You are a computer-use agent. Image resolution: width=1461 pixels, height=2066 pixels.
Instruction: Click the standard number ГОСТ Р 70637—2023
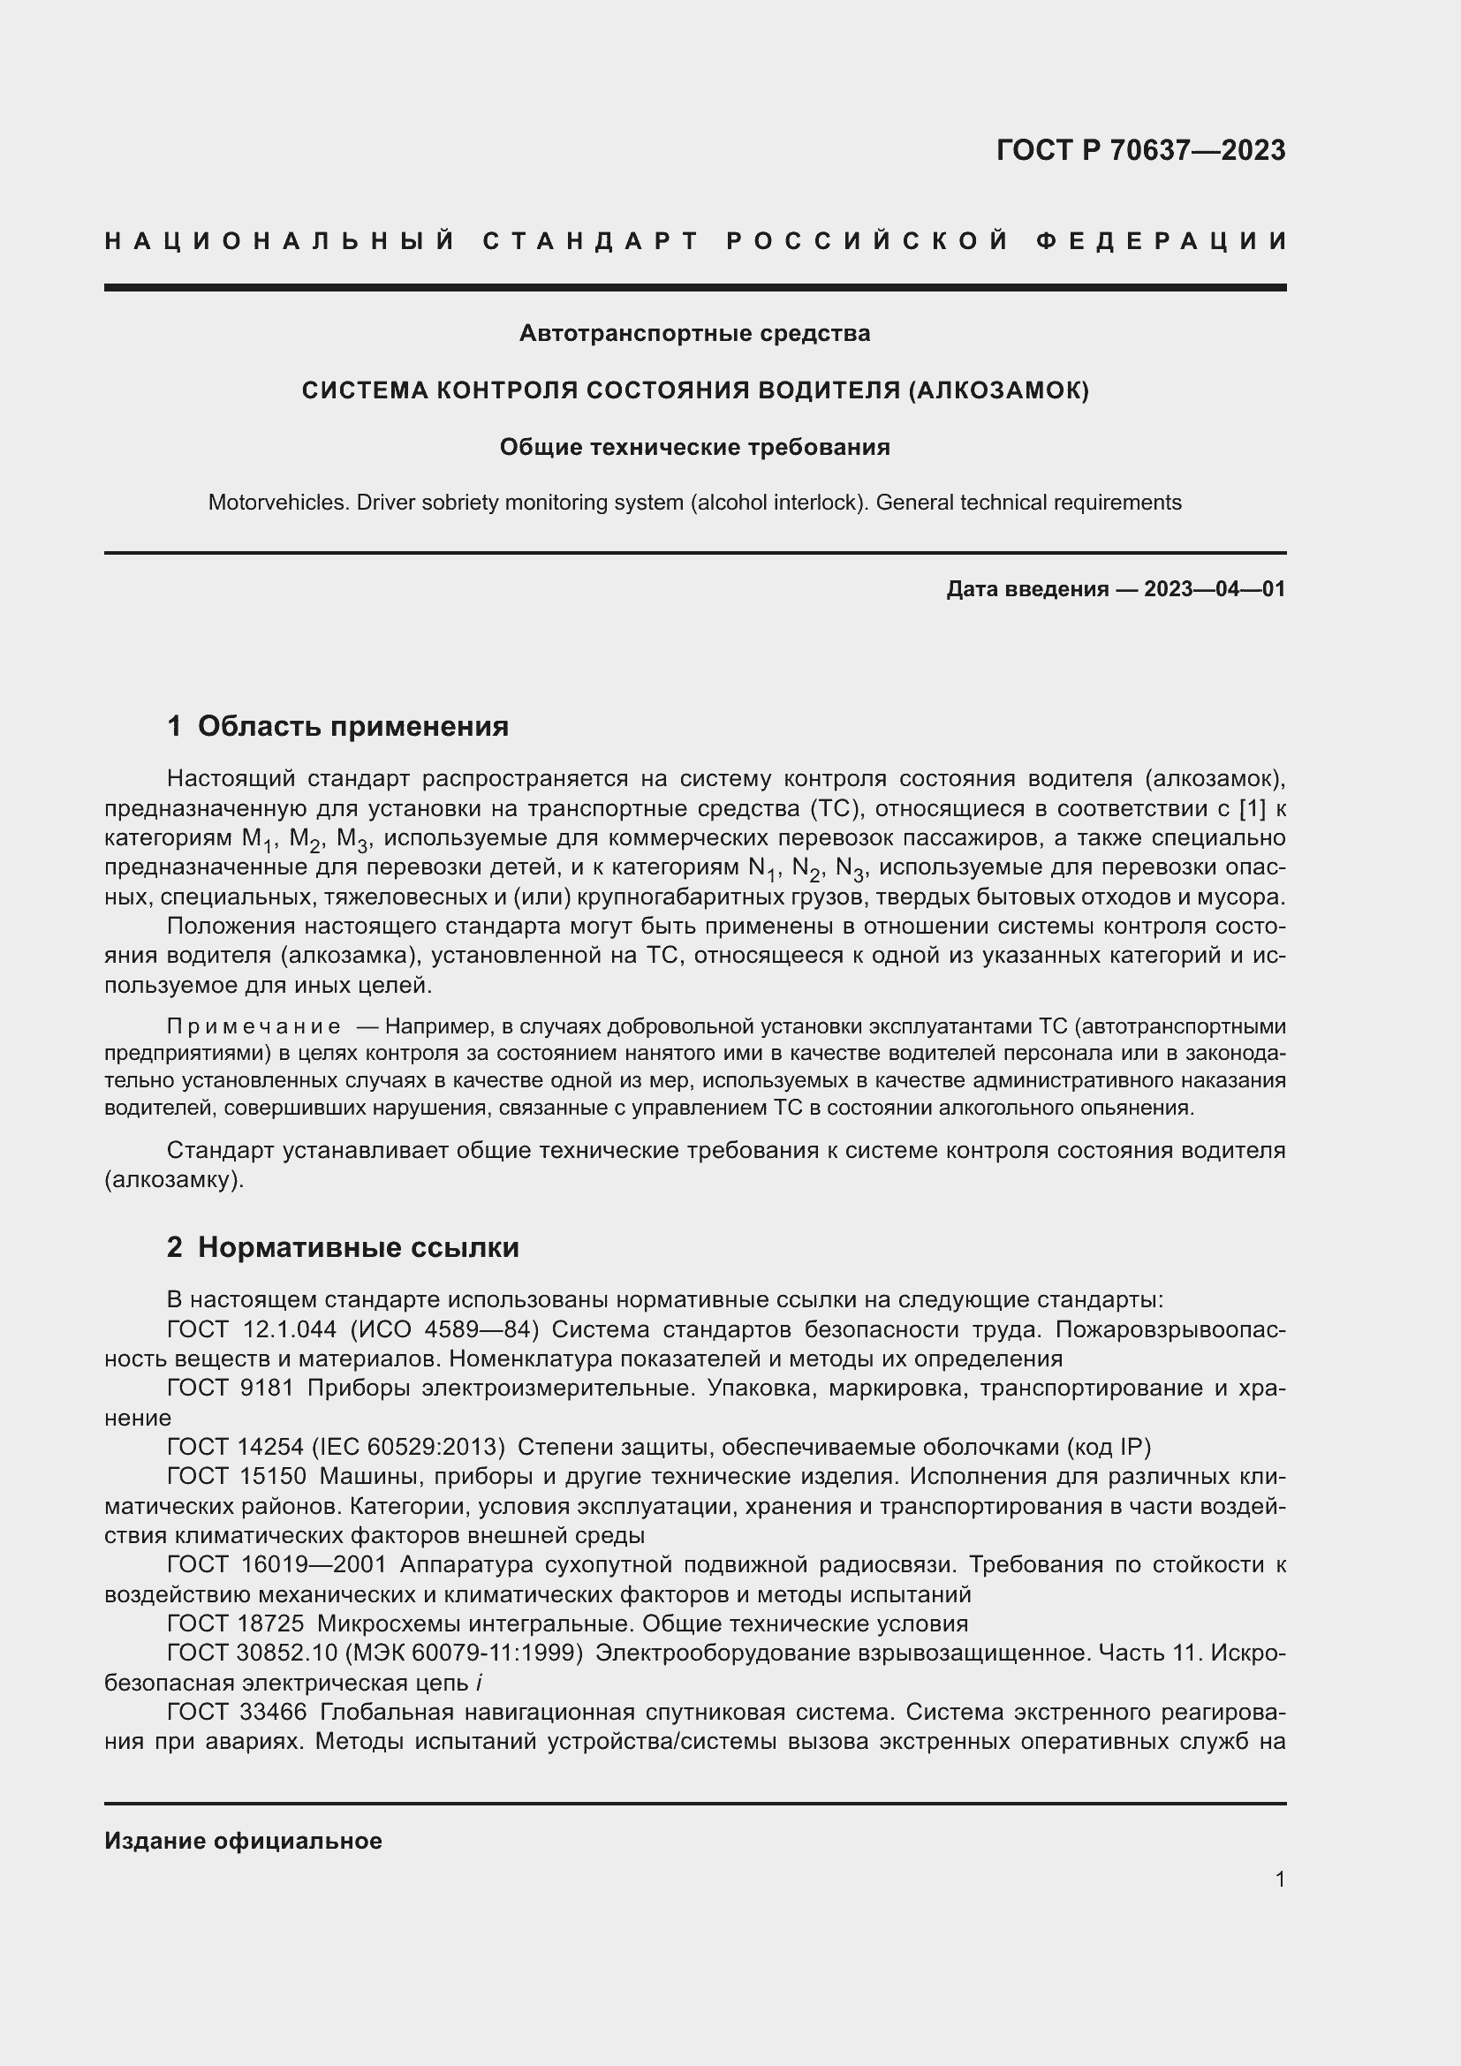click(x=1140, y=150)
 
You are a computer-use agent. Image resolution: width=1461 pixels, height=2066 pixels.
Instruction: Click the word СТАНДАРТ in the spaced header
click(x=591, y=241)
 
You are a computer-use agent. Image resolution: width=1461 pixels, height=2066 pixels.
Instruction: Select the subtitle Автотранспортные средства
click(x=694, y=334)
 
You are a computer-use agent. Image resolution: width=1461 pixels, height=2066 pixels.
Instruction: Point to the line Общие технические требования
click(x=694, y=447)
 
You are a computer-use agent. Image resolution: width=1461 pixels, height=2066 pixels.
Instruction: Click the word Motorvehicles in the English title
click(x=278, y=502)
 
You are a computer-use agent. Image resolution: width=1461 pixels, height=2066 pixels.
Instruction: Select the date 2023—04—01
click(x=1215, y=589)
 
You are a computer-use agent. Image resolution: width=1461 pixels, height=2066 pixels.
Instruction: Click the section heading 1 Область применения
click(x=337, y=725)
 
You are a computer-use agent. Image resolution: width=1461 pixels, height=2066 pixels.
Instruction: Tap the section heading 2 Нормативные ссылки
click(x=343, y=1247)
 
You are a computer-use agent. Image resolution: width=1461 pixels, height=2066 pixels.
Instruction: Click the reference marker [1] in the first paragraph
click(x=1253, y=809)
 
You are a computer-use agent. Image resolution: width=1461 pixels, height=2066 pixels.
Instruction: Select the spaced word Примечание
click(x=254, y=1026)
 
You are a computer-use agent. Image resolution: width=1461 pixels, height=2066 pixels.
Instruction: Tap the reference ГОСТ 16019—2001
click(x=276, y=1565)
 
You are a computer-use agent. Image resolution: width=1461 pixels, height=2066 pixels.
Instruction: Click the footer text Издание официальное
click(x=243, y=1840)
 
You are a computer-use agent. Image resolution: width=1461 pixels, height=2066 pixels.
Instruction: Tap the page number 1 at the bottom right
click(x=1280, y=1879)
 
